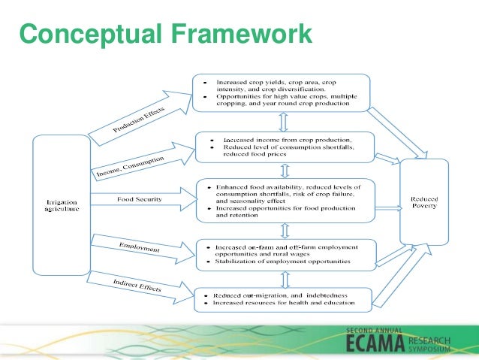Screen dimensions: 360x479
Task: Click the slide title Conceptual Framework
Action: [165, 34]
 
